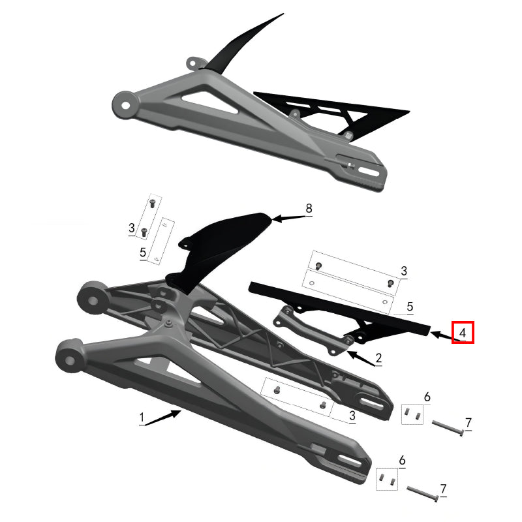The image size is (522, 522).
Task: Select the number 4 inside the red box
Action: (462, 332)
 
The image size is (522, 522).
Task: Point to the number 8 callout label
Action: (309, 208)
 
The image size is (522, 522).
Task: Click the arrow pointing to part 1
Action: (164, 417)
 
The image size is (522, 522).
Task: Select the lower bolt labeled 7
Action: (423, 495)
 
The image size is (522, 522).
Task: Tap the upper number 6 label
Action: (427, 397)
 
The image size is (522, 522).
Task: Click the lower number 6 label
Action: (402, 461)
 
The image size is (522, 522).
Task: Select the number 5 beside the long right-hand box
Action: (410, 305)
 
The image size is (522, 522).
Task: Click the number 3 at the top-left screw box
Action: (131, 228)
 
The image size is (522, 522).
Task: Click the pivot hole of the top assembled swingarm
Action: (123, 102)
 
